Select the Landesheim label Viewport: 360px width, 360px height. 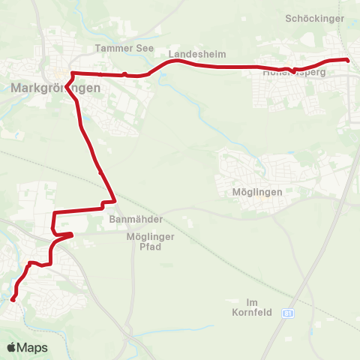pos(197,55)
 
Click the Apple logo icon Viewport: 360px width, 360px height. pos(11,347)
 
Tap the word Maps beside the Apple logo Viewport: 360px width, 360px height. pos(32,347)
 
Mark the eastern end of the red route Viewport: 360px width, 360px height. pos(348,59)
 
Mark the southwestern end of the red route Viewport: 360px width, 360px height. pos(13,299)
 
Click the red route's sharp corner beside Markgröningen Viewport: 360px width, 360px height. pos(71,73)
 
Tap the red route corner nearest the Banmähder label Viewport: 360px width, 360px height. pos(113,200)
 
